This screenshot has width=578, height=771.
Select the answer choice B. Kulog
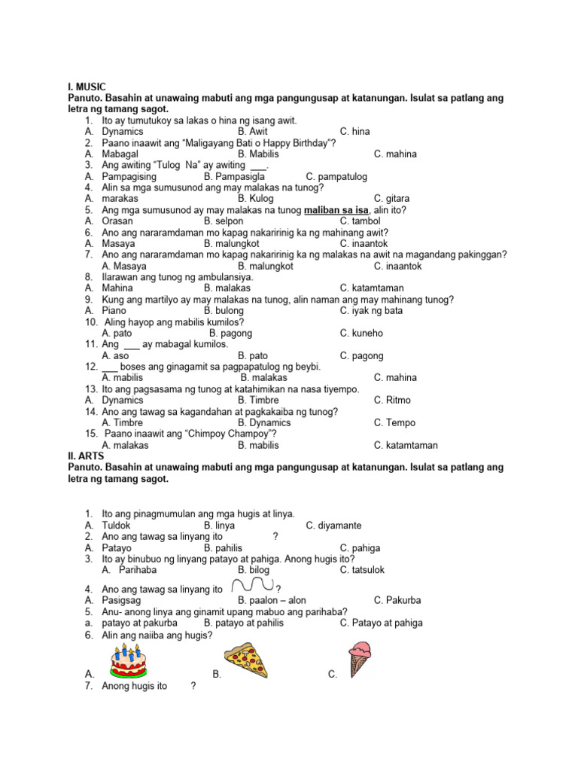pyautogui.click(x=258, y=199)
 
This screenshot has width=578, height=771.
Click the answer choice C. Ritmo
pyautogui.click(x=394, y=401)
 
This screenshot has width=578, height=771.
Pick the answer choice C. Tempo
pyautogui.click(x=394, y=423)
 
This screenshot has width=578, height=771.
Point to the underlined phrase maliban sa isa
pyautogui.click(x=336, y=210)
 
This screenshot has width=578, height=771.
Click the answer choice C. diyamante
pyautogui.click(x=333, y=525)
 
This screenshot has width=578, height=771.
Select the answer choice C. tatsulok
pyautogui.click(x=362, y=570)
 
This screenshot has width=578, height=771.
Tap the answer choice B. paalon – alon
pyautogui.click(x=272, y=601)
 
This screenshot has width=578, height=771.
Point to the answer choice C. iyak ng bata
pyautogui.click(x=371, y=310)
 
